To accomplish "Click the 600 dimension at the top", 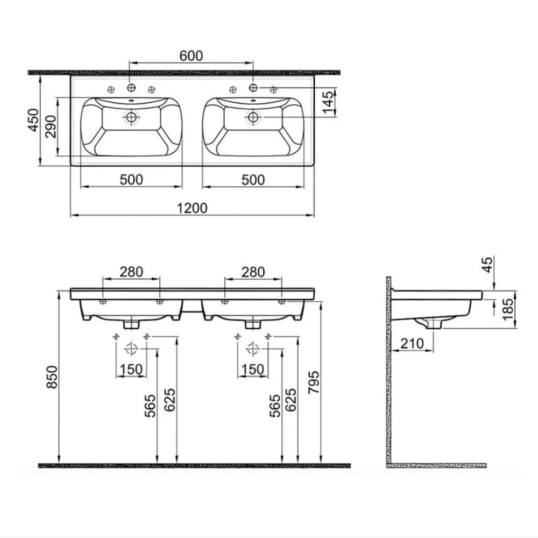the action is [x=191, y=55].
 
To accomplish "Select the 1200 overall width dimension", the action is [x=192, y=208].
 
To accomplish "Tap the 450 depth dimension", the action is [x=33, y=120].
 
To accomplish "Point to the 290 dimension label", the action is [x=51, y=126].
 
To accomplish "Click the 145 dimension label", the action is [x=328, y=102].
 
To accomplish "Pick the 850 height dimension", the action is [x=52, y=377].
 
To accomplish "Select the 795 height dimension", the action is [x=314, y=382].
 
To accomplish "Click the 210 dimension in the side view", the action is [x=412, y=343].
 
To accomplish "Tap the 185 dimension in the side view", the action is [x=508, y=309].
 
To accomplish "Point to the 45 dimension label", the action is [x=487, y=265].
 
